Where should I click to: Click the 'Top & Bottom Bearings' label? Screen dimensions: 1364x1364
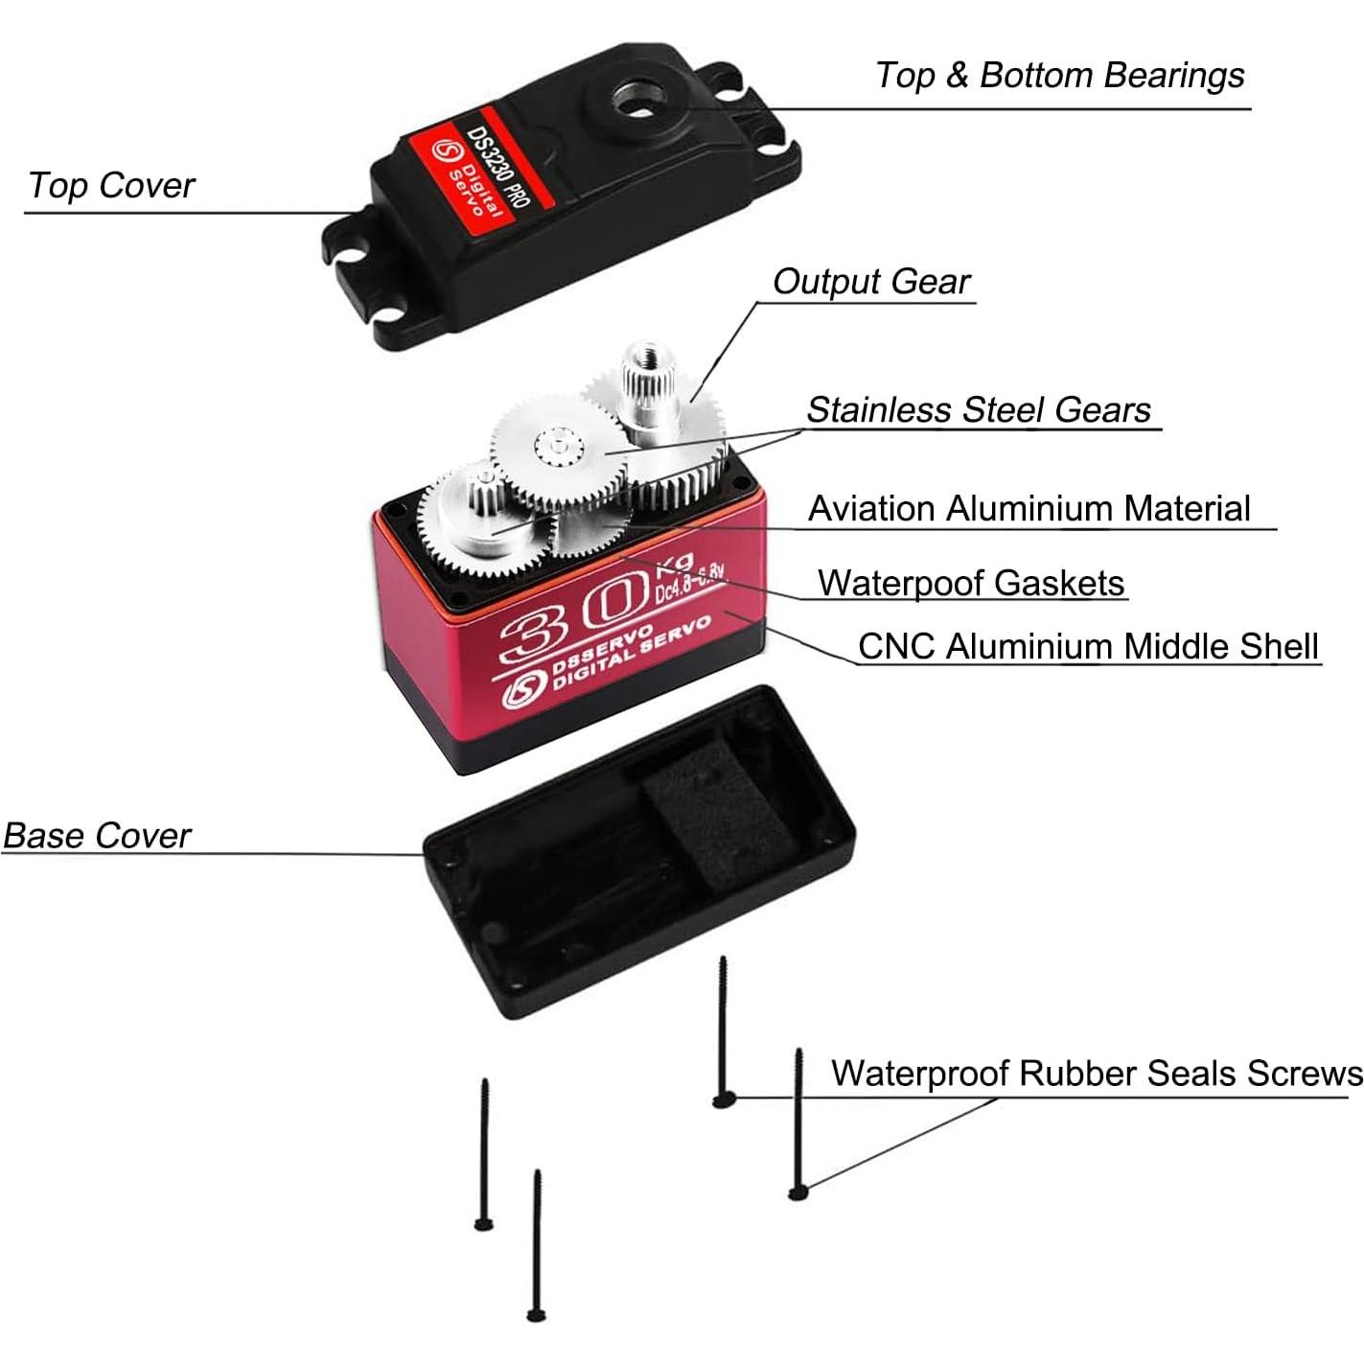click(x=1059, y=76)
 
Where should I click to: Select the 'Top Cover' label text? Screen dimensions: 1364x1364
click(x=111, y=186)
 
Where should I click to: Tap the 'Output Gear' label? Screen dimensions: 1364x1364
click(x=870, y=282)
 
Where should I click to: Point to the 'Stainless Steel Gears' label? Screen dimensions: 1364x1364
click(x=978, y=410)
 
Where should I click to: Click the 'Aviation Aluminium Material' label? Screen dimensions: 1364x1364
click(x=1029, y=509)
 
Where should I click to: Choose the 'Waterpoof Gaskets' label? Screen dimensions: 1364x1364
click(x=970, y=584)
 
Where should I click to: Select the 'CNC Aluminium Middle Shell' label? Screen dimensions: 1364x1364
click(x=1087, y=647)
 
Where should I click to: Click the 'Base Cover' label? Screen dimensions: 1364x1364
click(x=97, y=836)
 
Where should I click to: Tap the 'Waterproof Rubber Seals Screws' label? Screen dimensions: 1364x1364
click(x=1096, y=1074)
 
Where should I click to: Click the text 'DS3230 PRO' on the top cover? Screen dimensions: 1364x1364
click(x=497, y=169)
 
